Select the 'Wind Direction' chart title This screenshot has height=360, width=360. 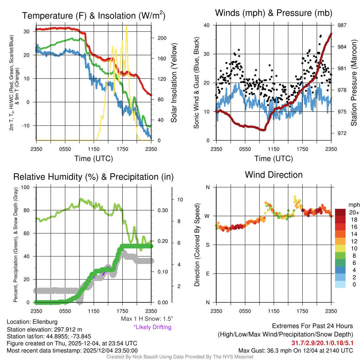(x=274, y=174)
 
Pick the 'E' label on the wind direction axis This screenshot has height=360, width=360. (x=207, y=274)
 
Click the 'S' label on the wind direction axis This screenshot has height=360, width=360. (x=207, y=245)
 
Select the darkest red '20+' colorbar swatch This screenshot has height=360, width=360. (x=340, y=213)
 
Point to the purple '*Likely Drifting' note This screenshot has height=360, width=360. (x=152, y=327)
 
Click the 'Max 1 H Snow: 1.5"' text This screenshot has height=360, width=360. (x=147, y=319)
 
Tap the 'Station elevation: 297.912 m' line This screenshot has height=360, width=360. (x=44, y=329)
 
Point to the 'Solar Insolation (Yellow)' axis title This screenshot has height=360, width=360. (x=174, y=83)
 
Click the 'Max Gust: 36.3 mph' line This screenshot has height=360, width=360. (x=295, y=351)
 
